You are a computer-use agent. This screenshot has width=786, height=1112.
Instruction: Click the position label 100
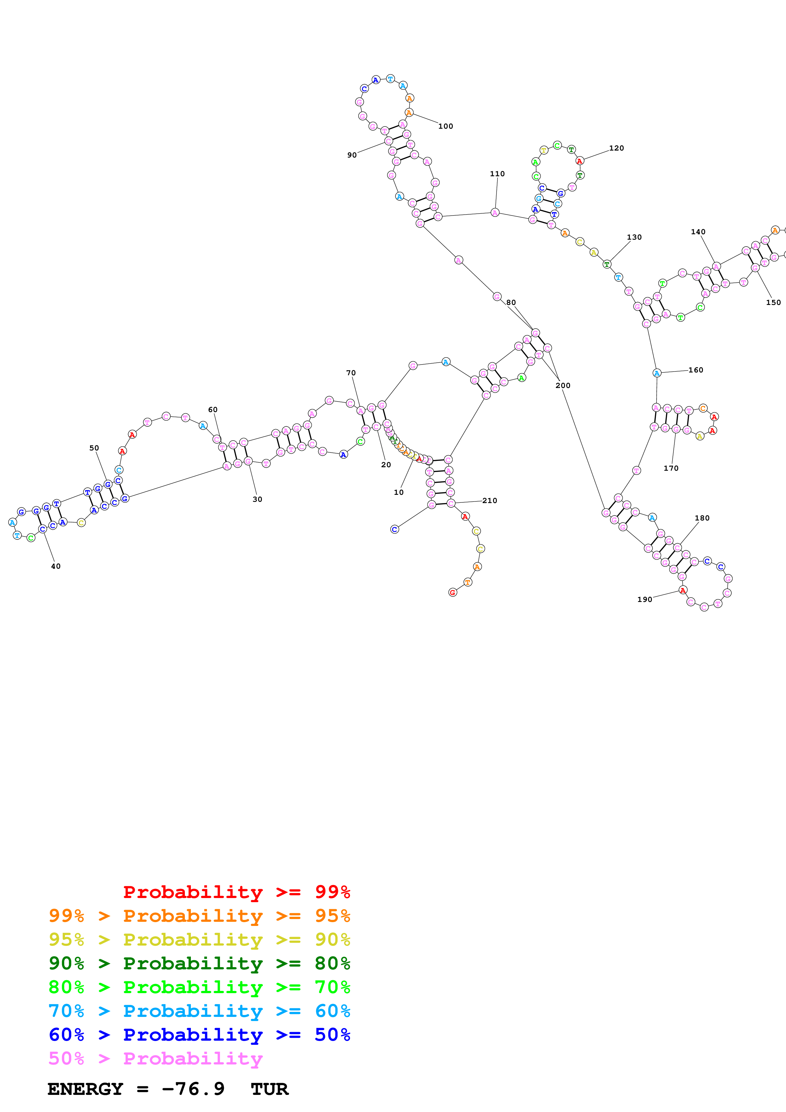pos(445,126)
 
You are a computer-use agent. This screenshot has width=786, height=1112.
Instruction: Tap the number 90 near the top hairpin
pos(352,155)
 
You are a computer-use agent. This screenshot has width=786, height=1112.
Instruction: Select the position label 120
pos(616,148)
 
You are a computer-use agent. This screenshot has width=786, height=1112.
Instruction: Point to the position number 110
pos(497,174)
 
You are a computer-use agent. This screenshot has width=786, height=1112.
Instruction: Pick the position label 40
pos(56,566)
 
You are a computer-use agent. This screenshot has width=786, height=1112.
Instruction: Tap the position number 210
pos(489,501)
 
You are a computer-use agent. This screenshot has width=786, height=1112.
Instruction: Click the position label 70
pos(351,373)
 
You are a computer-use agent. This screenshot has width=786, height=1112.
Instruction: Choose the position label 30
pos(257,499)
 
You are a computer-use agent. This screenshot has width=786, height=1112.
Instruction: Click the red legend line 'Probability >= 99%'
pos(236,892)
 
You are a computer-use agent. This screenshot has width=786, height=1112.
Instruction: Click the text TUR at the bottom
pos(269,1089)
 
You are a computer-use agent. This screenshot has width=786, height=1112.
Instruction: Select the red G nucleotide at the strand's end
pos(452,592)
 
